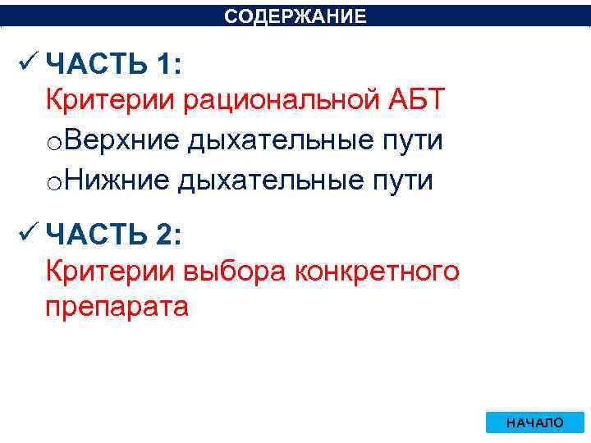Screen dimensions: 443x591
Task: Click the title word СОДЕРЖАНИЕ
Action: click(295, 16)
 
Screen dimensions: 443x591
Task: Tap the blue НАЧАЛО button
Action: click(535, 422)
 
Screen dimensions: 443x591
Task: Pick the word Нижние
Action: click(116, 180)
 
